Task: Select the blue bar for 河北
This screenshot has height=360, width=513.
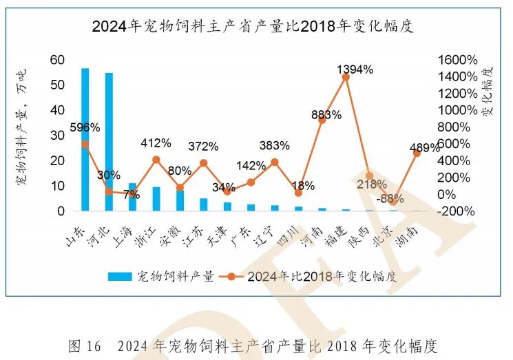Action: (x=109, y=142)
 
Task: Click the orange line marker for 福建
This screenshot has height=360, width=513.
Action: (x=346, y=77)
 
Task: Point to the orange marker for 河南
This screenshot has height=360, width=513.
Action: (x=322, y=120)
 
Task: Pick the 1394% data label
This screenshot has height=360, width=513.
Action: (x=355, y=69)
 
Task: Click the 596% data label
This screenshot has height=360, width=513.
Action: (x=85, y=127)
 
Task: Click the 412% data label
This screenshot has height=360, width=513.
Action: (x=156, y=143)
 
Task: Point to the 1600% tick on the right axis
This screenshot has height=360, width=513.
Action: (x=457, y=60)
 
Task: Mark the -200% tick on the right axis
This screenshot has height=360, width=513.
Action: (x=457, y=211)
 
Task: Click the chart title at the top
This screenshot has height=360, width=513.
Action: (x=256, y=27)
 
